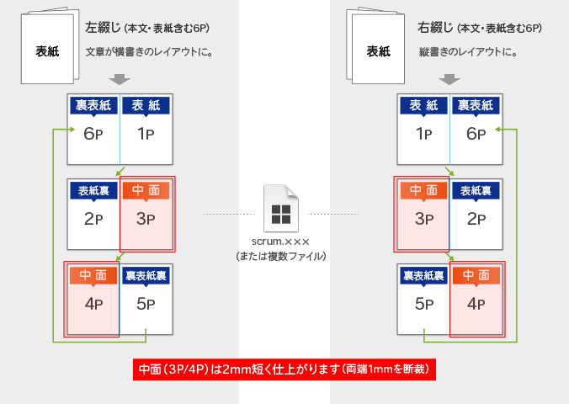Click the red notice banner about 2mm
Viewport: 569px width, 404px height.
(x=284, y=369)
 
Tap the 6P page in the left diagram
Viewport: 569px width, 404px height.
(x=93, y=133)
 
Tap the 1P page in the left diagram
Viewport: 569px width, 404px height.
(x=146, y=133)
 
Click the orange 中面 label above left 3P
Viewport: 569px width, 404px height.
(x=146, y=191)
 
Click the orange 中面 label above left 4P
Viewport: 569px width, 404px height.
(x=93, y=275)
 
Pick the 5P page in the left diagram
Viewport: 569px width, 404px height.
(x=146, y=302)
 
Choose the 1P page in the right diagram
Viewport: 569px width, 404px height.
(x=424, y=133)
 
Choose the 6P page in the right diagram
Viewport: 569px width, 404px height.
(x=476, y=133)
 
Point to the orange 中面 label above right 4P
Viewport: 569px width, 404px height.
(x=476, y=275)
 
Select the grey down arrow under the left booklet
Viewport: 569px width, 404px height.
(x=120, y=80)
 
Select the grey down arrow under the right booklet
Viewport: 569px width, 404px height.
(x=450, y=80)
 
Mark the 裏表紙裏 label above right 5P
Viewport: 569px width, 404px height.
(x=424, y=275)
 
